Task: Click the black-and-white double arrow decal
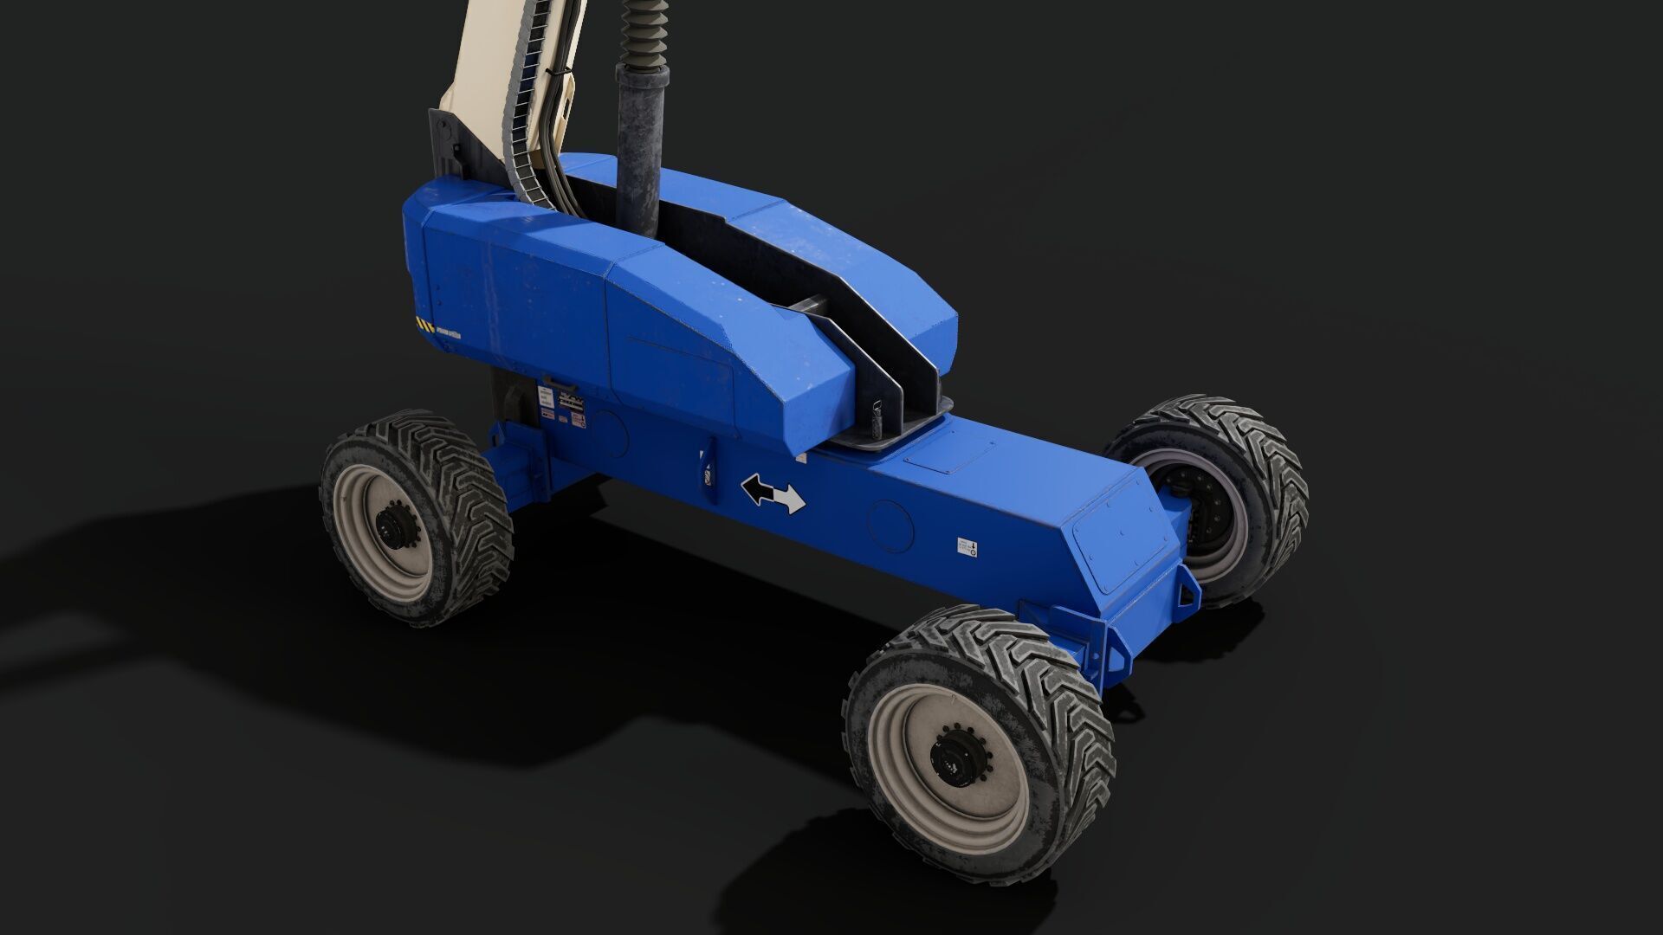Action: point(773,494)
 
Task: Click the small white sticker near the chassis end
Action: point(967,546)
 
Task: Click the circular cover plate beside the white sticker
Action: point(892,526)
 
